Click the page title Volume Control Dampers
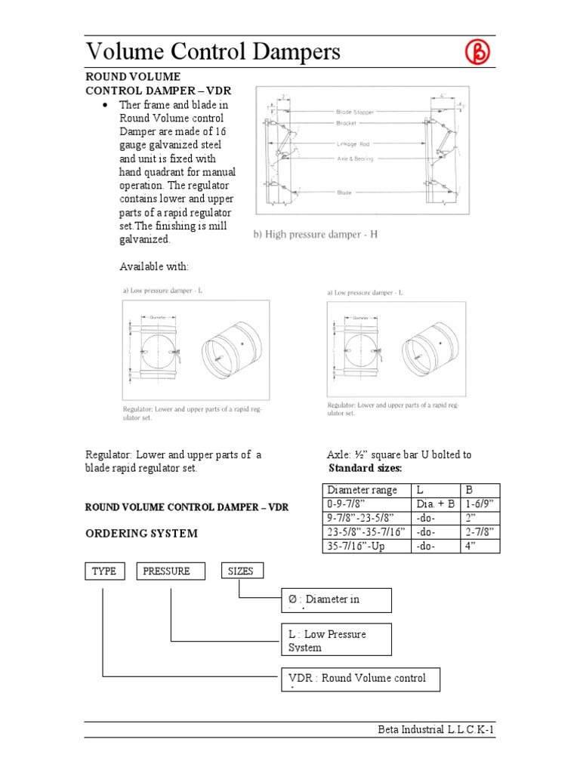point(213,51)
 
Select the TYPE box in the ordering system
point(104,571)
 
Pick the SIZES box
point(242,571)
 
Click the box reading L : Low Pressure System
point(336,640)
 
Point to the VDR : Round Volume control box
point(359,679)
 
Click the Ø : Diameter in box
point(336,600)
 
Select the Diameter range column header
point(360,491)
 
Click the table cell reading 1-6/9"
point(479,504)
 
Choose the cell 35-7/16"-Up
point(360,546)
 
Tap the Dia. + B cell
point(435,504)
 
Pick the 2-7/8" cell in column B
point(479,532)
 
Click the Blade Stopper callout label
point(355,110)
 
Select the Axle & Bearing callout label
point(353,159)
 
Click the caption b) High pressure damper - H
point(315,235)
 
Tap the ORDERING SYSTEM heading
point(141,533)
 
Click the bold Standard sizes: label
point(365,468)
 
